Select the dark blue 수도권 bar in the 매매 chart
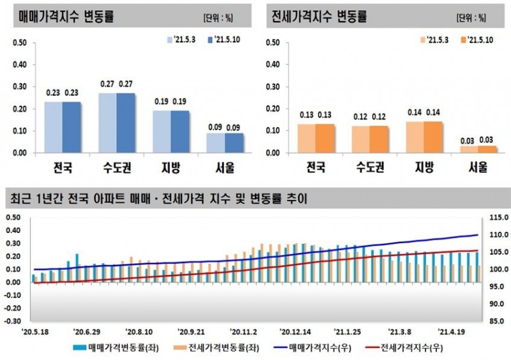[125, 123]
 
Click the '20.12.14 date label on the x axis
[294, 332]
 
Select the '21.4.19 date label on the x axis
[451, 332]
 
